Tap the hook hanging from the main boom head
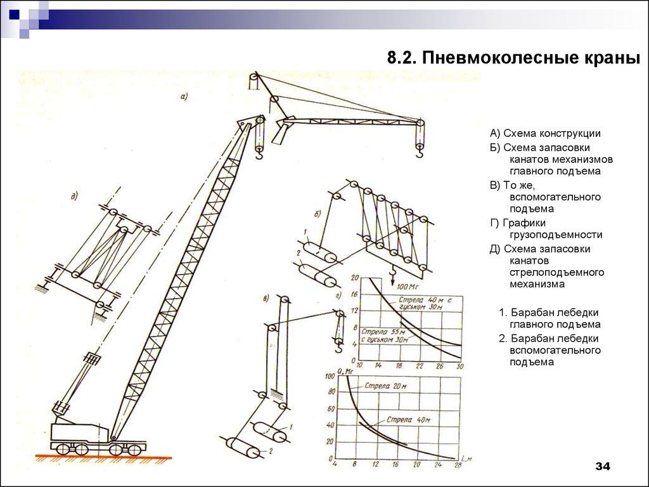259,151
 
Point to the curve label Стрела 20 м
385,386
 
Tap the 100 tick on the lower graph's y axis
329,377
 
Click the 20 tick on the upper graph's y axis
355,278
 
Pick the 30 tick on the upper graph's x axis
461,367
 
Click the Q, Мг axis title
345,371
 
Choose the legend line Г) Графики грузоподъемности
546,228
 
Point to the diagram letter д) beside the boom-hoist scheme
74,196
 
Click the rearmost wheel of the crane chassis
62,448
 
